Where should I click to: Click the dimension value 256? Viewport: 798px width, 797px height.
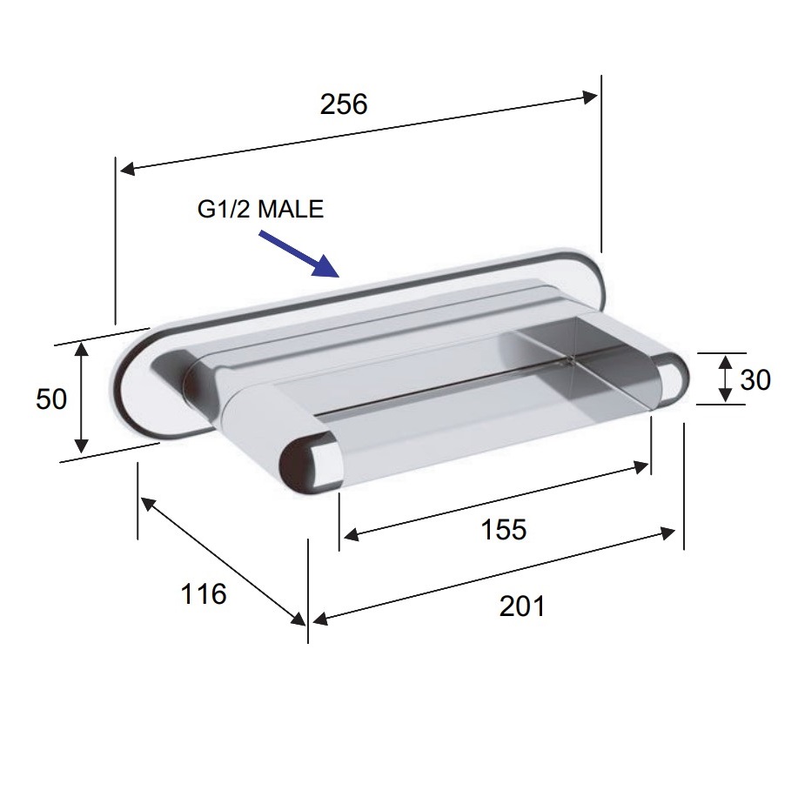pyautogui.click(x=344, y=104)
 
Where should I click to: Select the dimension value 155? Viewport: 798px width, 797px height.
pyautogui.click(x=503, y=529)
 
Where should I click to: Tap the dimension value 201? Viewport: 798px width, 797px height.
pyautogui.click(x=521, y=606)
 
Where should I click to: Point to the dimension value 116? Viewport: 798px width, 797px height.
pyautogui.click(x=204, y=594)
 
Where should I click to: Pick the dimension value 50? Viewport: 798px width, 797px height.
pyautogui.click(x=51, y=399)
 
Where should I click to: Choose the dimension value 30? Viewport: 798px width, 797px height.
pyautogui.click(x=755, y=379)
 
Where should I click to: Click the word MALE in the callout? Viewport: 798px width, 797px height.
pyautogui.click(x=291, y=209)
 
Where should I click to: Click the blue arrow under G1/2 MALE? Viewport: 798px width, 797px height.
pyautogui.click(x=299, y=253)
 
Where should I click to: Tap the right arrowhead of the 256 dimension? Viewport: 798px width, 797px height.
pyautogui.click(x=590, y=97)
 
